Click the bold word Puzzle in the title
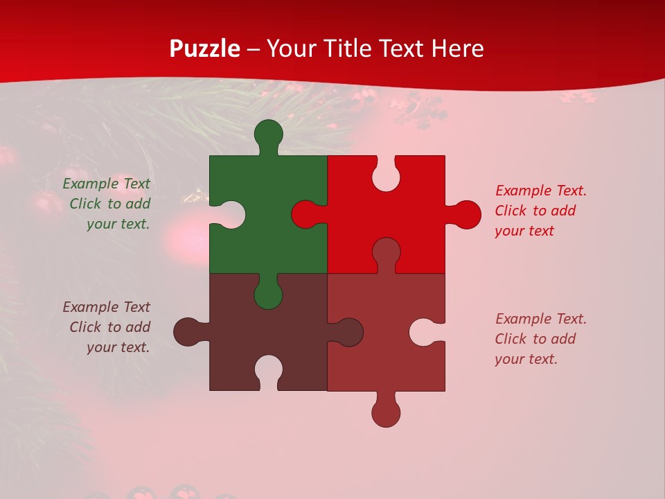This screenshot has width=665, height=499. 205,49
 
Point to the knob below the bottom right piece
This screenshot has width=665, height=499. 386,414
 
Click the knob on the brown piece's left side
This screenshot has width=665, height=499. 187,332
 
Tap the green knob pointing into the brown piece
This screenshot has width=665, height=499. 268,295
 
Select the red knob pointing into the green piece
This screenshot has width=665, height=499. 305,214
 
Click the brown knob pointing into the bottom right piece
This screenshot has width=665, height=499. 350,332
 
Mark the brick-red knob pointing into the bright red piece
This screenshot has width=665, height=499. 386,251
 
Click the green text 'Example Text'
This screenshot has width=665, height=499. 106,184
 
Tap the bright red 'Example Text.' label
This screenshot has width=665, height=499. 541,191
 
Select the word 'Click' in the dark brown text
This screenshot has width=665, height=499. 85,327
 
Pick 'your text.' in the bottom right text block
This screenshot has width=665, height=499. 526,359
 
